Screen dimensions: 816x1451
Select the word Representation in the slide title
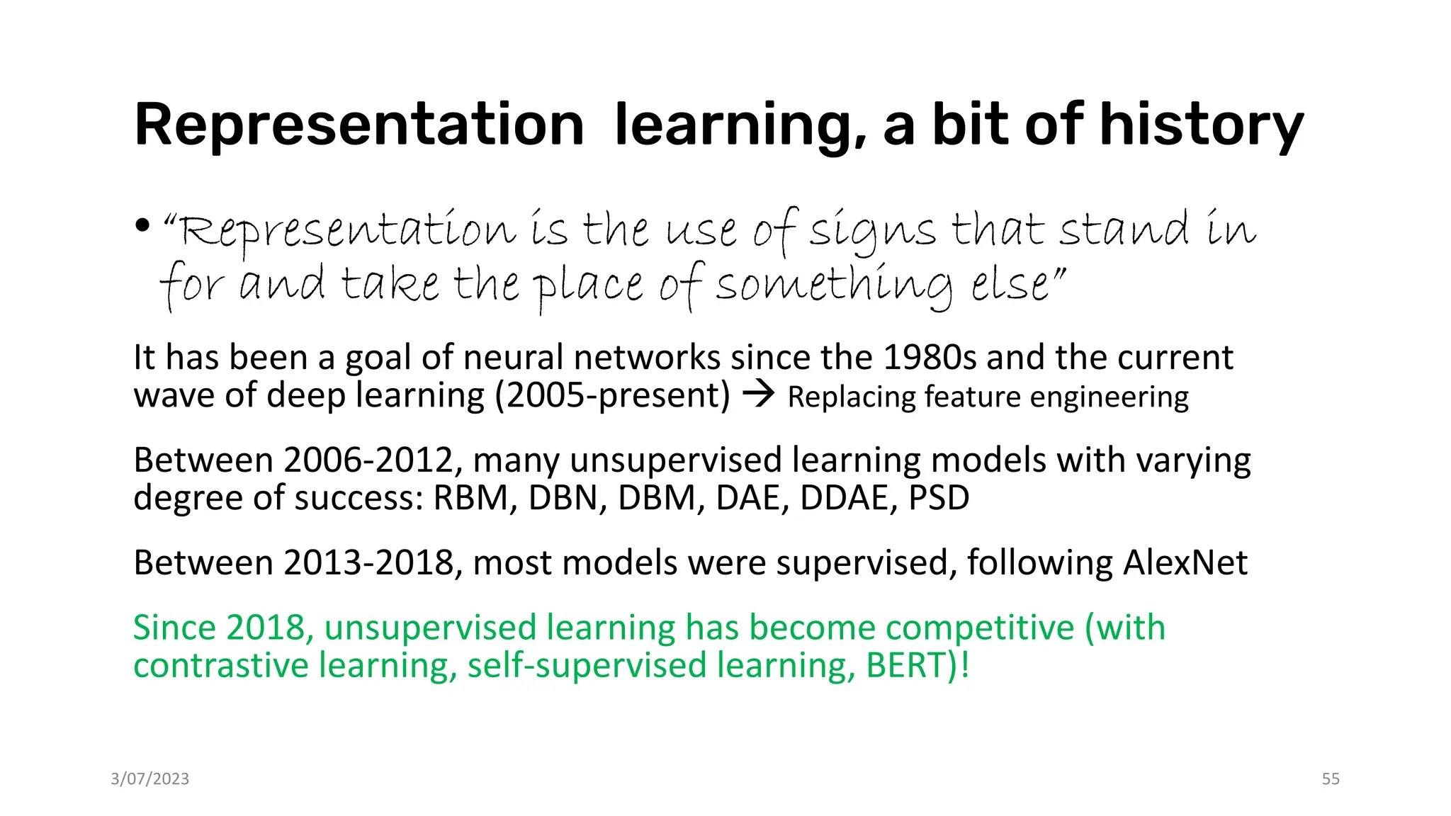(358, 126)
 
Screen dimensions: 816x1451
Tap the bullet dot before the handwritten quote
(142, 226)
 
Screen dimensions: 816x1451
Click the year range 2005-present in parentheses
(612, 396)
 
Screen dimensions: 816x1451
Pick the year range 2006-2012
(368, 460)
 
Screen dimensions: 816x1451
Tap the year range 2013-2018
(368, 563)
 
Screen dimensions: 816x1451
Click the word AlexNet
(1185, 563)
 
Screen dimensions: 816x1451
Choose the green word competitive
(980, 628)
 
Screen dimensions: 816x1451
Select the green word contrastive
(220, 666)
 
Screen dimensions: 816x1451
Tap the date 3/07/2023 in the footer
(150, 779)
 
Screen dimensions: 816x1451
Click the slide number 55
(1331, 779)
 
